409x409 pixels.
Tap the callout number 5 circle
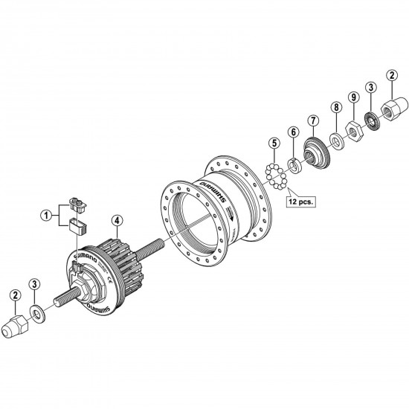click(274, 142)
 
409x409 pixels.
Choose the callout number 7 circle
click(313, 120)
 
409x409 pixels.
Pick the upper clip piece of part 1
click(75, 202)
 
